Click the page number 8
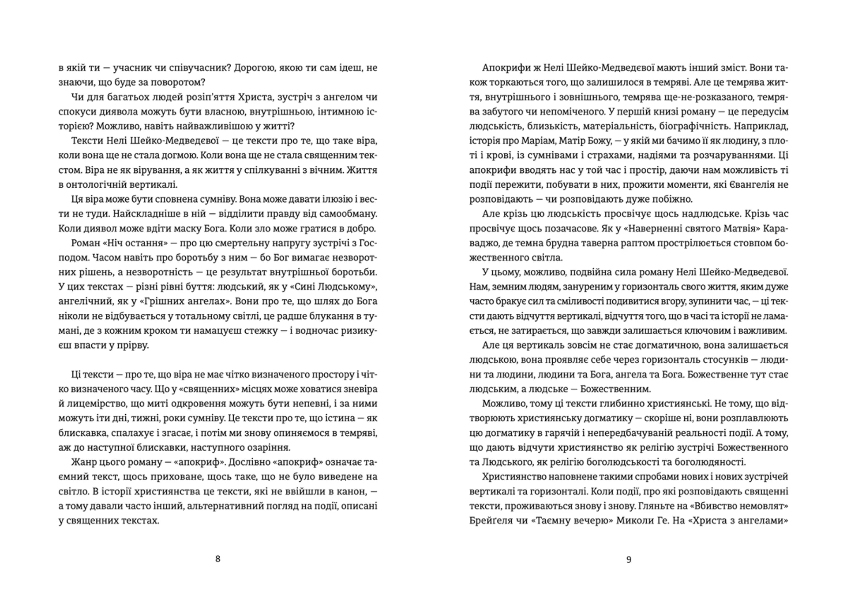(x=217, y=559)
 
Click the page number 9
(x=629, y=559)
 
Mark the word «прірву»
(x=133, y=345)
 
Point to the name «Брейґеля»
(x=490, y=520)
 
